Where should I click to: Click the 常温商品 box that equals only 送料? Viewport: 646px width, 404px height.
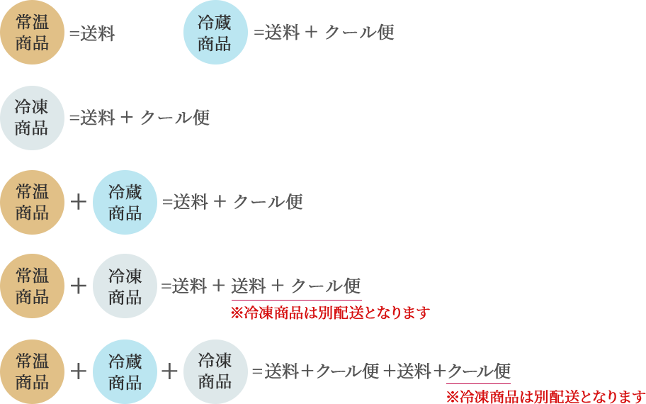(33, 33)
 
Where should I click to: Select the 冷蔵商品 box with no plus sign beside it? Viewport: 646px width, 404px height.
(215, 33)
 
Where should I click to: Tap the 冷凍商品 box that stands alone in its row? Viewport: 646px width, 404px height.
(33, 118)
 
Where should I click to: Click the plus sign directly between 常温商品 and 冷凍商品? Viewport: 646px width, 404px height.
(79, 286)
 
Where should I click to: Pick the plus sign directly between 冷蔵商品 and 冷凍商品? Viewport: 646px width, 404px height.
(169, 371)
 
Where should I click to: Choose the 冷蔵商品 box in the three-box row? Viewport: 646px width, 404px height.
(125, 371)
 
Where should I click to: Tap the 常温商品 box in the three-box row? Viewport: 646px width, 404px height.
(33, 371)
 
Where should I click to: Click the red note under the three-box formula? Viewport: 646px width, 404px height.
(545, 396)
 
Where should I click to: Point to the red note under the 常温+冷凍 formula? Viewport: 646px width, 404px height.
(330, 313)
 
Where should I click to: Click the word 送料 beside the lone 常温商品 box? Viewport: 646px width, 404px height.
(97, 33)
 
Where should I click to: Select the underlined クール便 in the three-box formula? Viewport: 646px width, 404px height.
(479, 371)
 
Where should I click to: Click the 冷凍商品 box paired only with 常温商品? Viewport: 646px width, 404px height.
(125, 286)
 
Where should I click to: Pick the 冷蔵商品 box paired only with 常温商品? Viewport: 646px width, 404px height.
(125, 202)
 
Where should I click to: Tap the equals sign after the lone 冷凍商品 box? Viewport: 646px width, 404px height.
(74, 118)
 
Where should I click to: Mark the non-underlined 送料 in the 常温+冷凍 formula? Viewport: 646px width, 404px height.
(189, 286)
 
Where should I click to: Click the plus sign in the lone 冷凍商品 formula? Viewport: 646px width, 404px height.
(127, 118)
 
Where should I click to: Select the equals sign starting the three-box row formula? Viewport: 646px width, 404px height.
(256, 371)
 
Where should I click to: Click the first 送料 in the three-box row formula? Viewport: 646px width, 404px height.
(280, 371)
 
